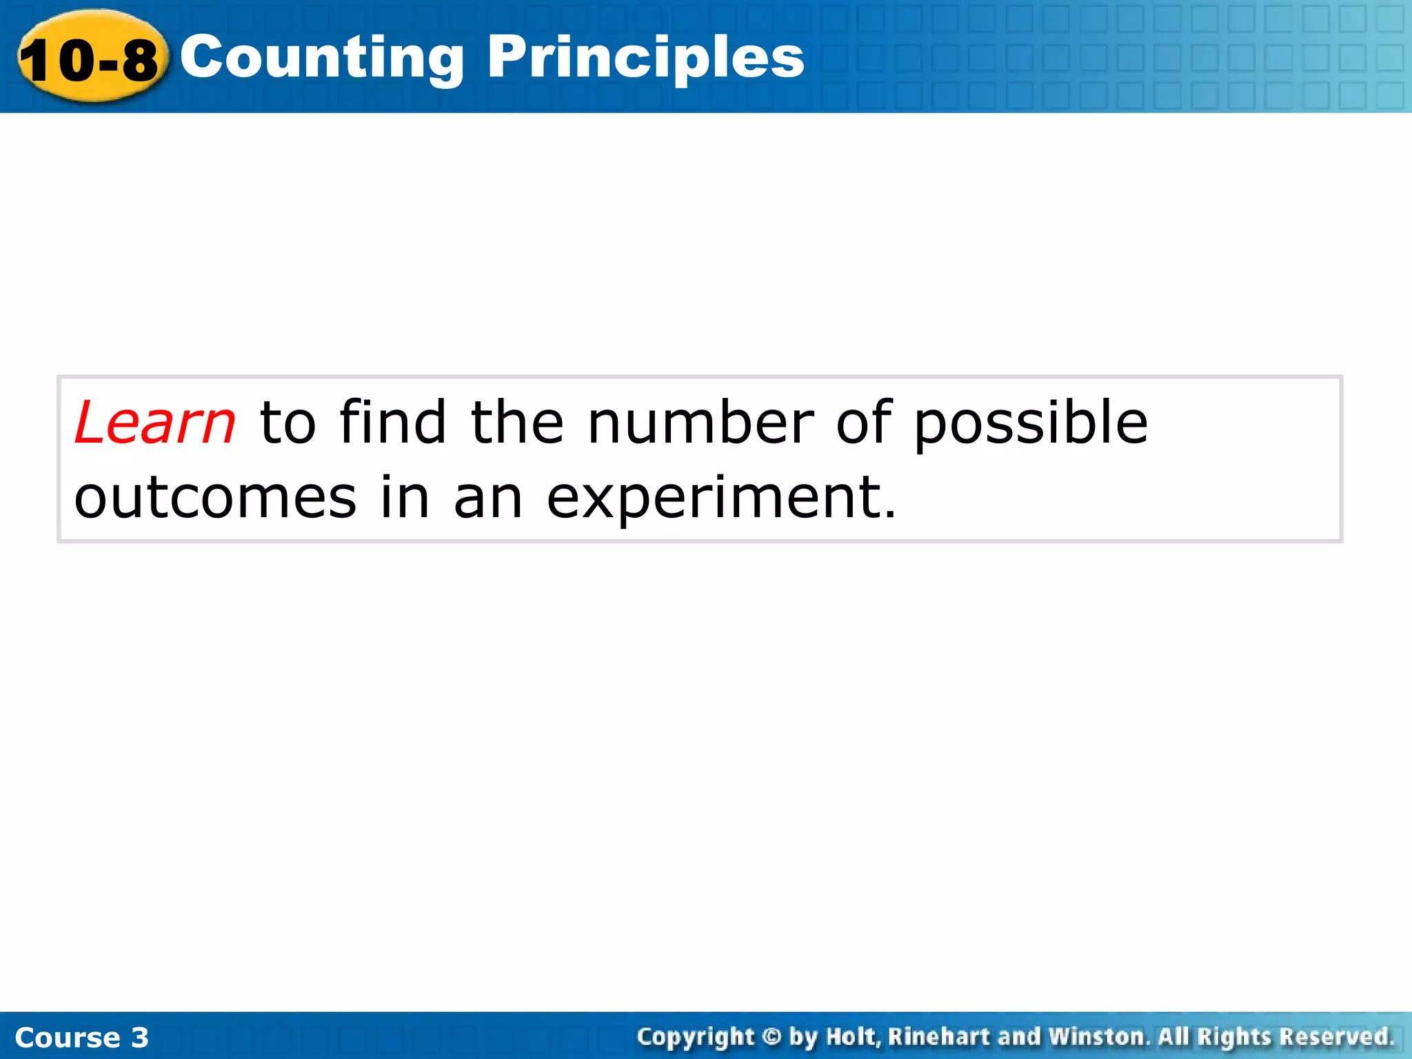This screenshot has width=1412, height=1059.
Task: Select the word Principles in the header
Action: tap(645, 58)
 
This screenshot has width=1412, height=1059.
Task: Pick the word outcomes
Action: tap(215, 498)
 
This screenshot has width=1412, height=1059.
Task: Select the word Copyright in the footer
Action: tap(696, 1037)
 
